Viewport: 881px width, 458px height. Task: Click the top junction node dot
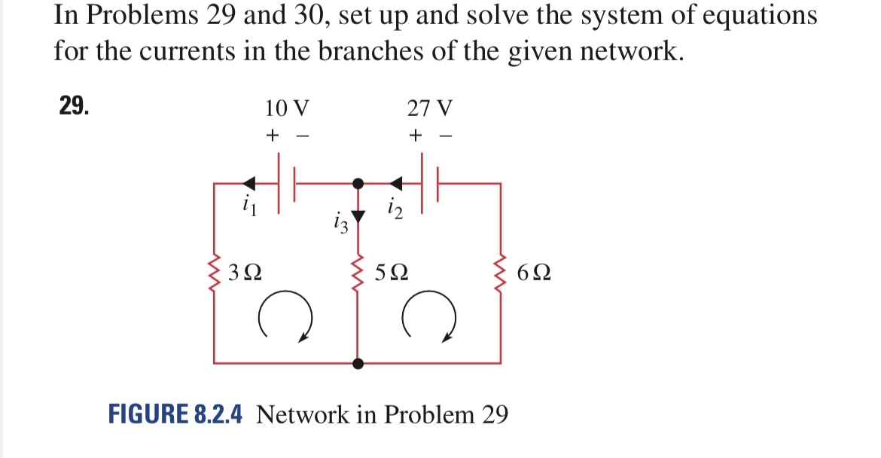(359, 182)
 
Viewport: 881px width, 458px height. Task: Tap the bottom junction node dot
(358, 363)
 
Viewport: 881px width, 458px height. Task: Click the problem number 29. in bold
(74, 106)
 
